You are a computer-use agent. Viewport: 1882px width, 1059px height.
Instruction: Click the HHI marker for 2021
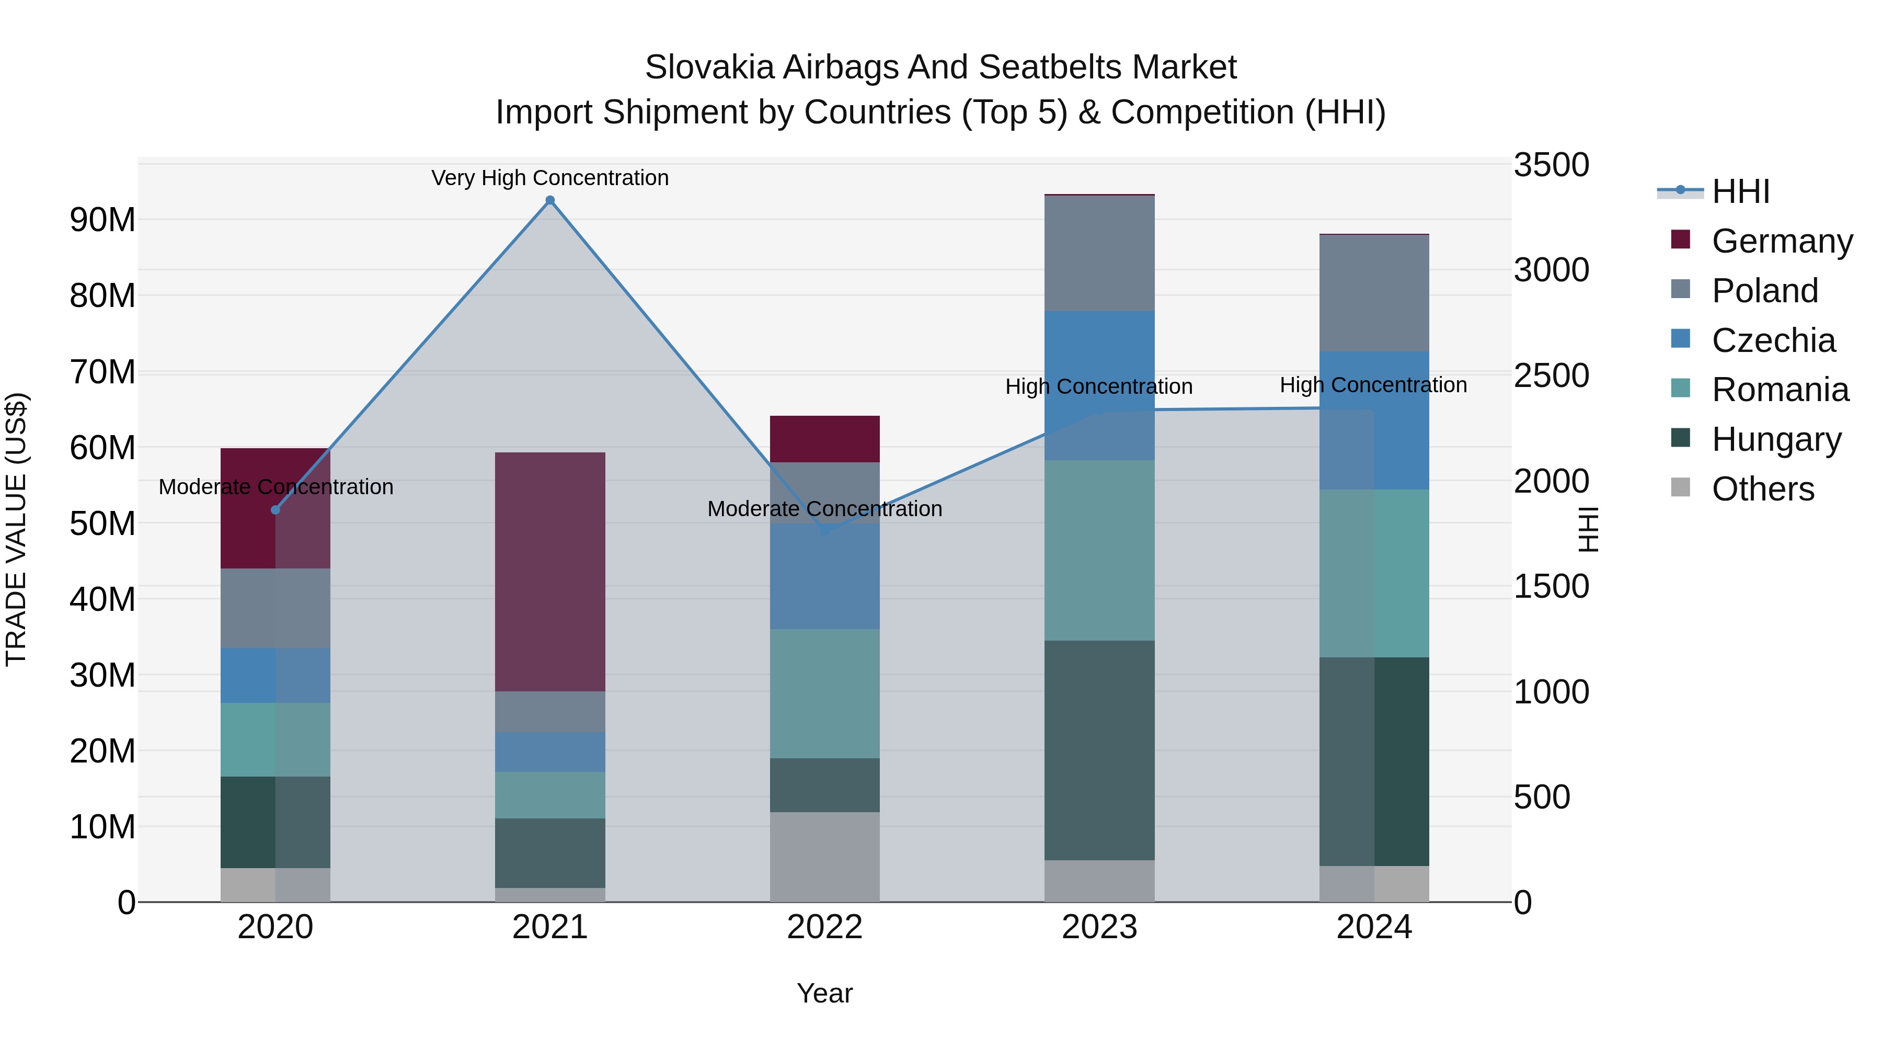(550, 200)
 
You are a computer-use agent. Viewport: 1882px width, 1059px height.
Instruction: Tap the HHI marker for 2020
(276, 509)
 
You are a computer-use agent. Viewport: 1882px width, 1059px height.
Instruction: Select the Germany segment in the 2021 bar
(550, 572)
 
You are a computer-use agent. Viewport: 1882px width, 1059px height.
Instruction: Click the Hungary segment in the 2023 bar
(1099, 750)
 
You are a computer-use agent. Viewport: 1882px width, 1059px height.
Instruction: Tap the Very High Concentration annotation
(550, 178)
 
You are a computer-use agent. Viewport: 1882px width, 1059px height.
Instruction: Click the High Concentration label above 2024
(1373, 384)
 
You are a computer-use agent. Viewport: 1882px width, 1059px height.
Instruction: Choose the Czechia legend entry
(1773, 340)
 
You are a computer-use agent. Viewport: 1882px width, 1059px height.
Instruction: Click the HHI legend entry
(1740, 191)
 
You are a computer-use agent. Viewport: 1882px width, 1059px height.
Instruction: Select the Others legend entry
(1762, 489)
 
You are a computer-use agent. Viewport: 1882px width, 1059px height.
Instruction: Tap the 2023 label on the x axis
(1099, 927)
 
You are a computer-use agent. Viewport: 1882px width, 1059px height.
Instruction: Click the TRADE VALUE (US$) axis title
(16, 529)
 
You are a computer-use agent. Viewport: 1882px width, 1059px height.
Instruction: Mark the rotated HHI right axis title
(1588, 529)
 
